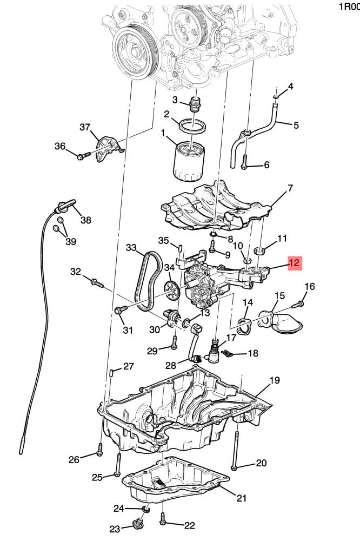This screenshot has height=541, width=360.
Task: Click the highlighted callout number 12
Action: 295,262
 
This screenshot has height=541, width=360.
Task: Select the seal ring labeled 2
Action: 194,127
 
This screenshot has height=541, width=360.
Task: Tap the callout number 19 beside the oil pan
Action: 274,380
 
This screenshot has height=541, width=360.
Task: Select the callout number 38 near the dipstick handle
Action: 86,220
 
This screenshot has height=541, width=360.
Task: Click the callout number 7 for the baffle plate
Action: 290,188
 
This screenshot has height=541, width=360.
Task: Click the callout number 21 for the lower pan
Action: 241,498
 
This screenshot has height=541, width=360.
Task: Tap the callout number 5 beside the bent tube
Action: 296,125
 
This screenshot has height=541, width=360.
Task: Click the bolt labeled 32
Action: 97,282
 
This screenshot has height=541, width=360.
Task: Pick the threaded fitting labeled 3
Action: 196,103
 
